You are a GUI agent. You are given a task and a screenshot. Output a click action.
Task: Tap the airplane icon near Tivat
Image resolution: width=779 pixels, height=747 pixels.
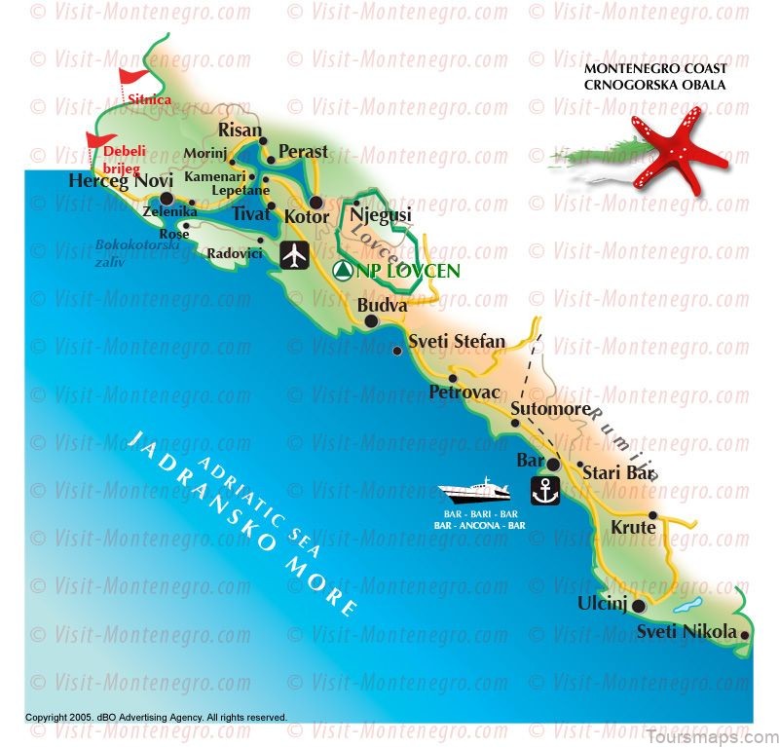(x=294, y=256)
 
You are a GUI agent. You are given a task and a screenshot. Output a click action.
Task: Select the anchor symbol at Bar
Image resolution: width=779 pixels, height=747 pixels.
(x=548, y=492)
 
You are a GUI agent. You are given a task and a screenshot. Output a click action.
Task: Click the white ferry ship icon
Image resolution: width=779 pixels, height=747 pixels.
(x=481, y=493)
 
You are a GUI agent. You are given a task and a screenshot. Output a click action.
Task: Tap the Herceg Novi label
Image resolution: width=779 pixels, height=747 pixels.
(x=120, y=181)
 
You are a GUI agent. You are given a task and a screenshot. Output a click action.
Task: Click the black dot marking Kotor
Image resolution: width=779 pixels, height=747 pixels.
(x=315, y=203)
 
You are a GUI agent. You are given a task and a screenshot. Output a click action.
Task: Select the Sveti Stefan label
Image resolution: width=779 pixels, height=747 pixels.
(x=456, y=342)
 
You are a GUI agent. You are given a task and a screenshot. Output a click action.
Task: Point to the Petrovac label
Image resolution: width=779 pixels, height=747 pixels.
(x=464, y=392)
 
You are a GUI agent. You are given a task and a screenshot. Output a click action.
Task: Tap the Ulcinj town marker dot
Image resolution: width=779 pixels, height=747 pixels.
(x=639, y=606)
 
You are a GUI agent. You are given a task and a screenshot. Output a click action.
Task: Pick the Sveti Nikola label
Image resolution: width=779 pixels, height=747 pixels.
(x=686, y=632)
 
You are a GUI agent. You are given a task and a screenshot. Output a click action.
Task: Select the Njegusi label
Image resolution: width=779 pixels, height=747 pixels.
(x=380, y=215)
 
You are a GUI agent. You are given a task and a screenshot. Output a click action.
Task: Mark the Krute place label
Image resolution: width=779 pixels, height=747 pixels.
(x=633, y=528)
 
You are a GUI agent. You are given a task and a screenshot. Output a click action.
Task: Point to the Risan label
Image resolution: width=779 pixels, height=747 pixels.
(x=240, y=130)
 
